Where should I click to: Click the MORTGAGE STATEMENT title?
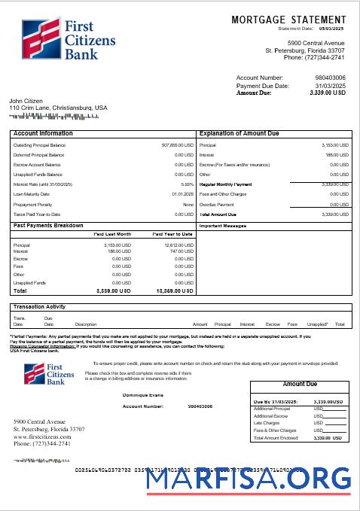[289, 19]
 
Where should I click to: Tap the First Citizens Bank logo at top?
[52, 38]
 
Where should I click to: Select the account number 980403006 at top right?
[330, 78]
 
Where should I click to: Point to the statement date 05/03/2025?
[329, 29]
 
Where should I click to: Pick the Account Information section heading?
[44, 133]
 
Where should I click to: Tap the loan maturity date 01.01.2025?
[182, 194]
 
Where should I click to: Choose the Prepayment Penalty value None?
[188, 205]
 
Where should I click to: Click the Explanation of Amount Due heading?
[240, 133]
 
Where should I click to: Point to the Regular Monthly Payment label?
[226, 184]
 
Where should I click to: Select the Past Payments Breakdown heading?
[48, 225]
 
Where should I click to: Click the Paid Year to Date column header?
[172, 234]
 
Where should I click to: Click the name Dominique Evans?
[142, 394]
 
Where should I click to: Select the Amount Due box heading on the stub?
[300, 384]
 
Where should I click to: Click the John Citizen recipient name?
[26, 101]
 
